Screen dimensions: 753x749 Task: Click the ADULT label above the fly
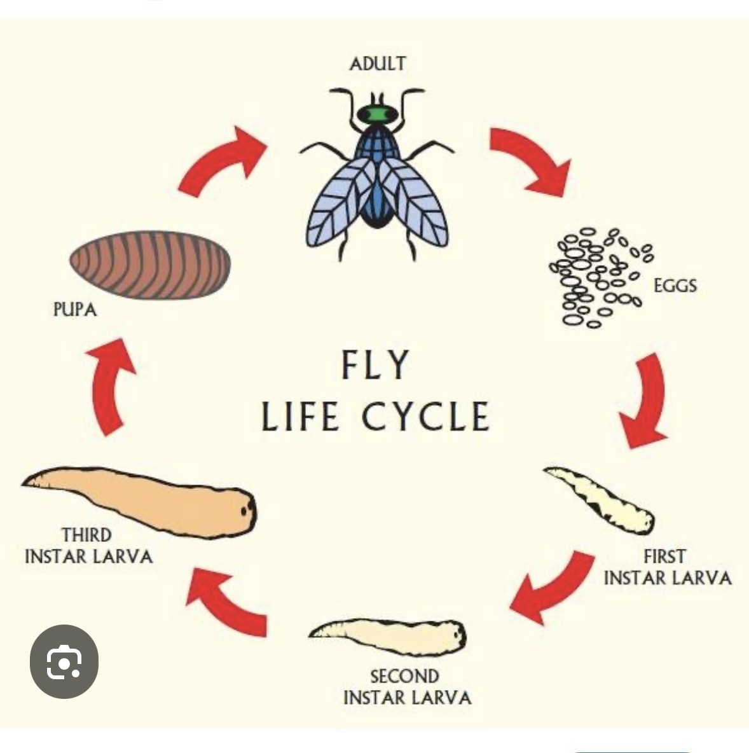click(377, 64)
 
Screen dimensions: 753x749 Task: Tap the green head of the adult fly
click(378, 114)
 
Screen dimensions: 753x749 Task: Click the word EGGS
click(675, 286)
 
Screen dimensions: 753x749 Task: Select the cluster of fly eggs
click(598, 277)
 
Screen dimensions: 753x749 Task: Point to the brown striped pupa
click(150, 265)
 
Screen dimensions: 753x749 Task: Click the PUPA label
click(75, 310)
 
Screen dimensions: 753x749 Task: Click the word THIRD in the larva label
click(86, 535)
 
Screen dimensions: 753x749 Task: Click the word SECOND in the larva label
click(404, 676)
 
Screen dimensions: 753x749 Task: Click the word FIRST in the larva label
click(664, 556)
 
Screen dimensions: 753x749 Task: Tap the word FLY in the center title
click(375, 365)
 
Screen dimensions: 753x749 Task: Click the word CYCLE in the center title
click(426, 417)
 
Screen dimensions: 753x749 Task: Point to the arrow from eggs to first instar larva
click(645, 401)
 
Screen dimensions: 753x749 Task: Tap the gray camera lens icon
click(64, 661)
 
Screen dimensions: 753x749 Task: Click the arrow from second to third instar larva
click(229, 601)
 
